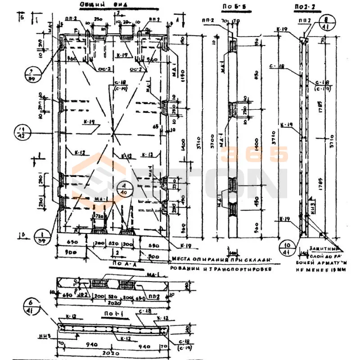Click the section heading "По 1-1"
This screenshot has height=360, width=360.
[124, 311]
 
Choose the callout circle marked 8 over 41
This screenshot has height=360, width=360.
[327, 22]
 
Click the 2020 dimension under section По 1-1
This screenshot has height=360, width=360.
[110, 353]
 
